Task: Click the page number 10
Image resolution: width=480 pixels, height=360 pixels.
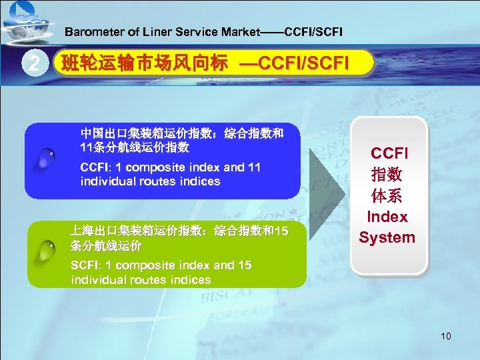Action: point(445,336)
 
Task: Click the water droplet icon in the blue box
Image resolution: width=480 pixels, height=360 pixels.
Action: point(46,158)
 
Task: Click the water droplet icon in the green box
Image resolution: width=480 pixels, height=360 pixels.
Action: point(46,251)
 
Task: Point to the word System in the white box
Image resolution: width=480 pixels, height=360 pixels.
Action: point(387,237)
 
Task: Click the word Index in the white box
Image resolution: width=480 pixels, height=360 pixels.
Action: point(387,217)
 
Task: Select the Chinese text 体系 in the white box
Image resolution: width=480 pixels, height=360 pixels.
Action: point(387,197)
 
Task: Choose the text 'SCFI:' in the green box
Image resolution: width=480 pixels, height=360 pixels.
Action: point(85,265)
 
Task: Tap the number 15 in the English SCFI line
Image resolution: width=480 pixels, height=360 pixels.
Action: point(244,265)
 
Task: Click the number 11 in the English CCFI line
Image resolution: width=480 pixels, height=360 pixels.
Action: point(254,167)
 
